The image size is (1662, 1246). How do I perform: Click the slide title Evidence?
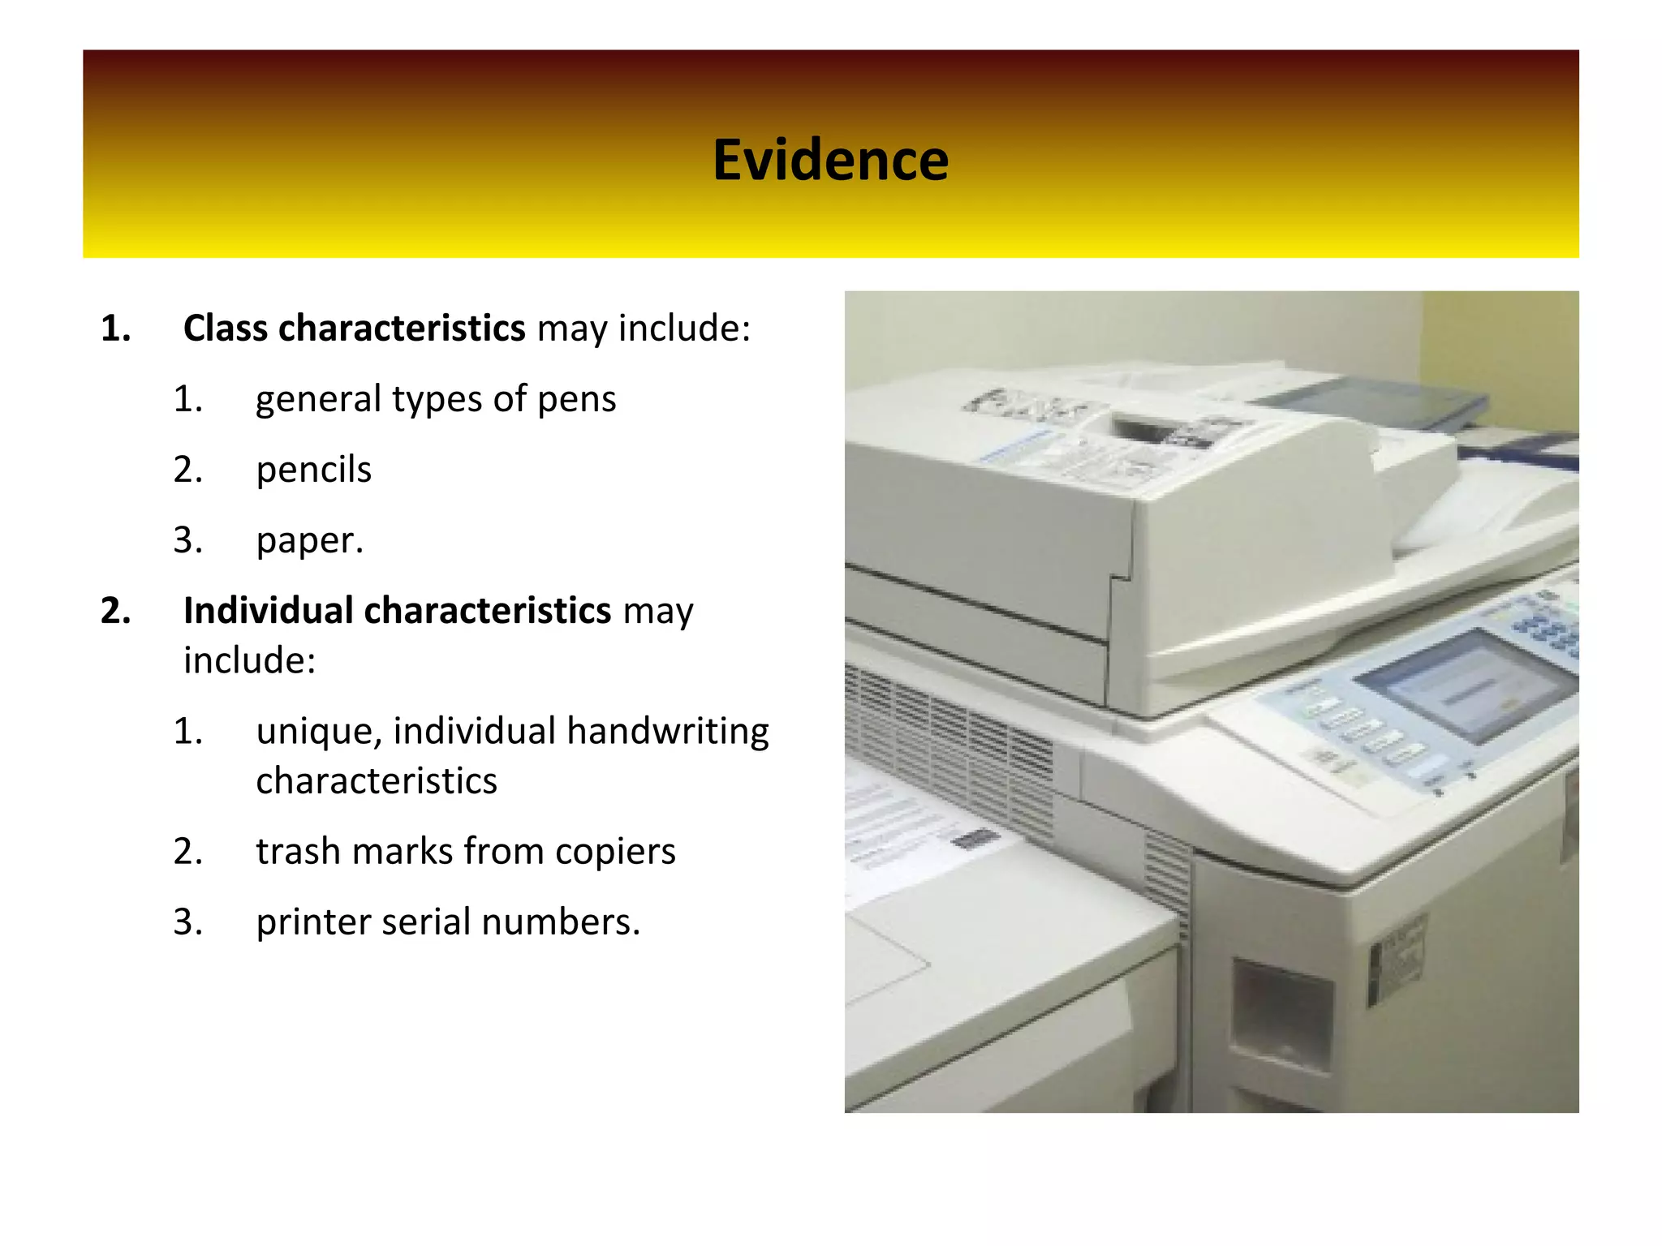(x=830, y=160)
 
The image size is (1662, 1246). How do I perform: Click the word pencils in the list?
(x=313, y=470)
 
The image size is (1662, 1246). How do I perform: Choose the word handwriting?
(x=667, y=731)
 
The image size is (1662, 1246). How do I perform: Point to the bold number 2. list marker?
(x=116, y=611)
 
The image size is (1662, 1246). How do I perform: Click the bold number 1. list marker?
(x=116, y=329)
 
